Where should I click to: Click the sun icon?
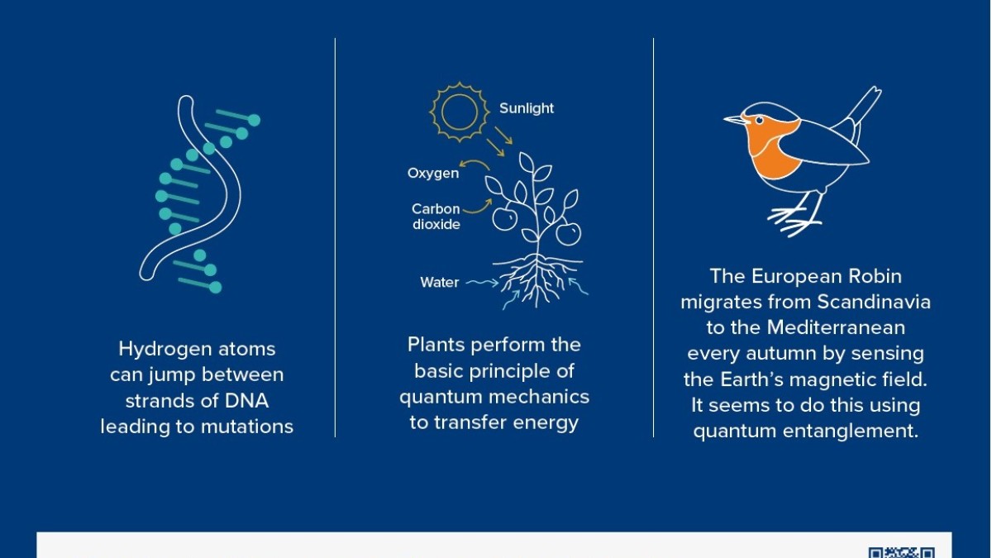pyautogui.click(x=460, y=112)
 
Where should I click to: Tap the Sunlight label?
pyautogui.click(x=527, y=108)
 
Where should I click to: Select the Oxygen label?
pyautogui.click(x=433, y=173)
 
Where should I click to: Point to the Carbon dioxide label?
pyautogui.click(x=436, y=217)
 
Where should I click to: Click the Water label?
pyautogui.click(x=439, y=283)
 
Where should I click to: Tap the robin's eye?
pyautogui.click(x=760, y=121)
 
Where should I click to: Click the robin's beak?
pyautogui.click(x=735, y=120)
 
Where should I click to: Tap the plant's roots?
pyautogui.click(x=538, y=279)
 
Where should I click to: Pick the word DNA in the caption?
pyautogui.click(x=246, y=401)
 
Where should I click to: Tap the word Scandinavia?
pyautogui.click(x=874, y=302)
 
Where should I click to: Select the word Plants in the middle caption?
pyautogui.click(x=436, y=345)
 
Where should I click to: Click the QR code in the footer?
pyautogui.click(x=902, y=553)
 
